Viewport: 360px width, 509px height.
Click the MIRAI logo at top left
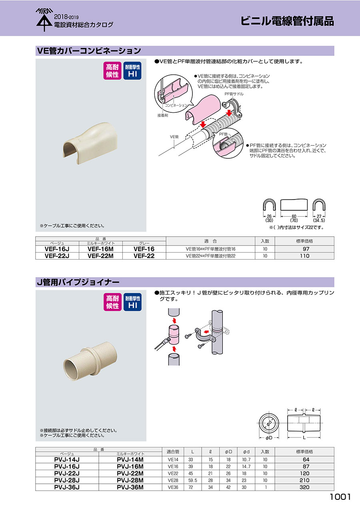coord(44,20)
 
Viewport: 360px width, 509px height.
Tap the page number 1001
coord(340,497)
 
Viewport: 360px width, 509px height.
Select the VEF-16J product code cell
coord(57,249)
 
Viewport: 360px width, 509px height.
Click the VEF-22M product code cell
coord(100,256)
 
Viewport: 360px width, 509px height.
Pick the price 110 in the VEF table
coord(304,256)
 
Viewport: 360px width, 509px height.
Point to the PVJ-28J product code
coord(67,480)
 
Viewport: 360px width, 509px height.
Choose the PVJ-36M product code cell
coord(130,487)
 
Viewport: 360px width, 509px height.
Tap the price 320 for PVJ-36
coord(304,487)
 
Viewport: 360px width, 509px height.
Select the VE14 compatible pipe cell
coord(173,460)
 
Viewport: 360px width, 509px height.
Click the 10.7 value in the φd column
coord(246,460)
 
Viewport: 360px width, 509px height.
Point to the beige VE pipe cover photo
coord(90,144)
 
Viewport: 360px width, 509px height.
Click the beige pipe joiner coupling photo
coord(90,361)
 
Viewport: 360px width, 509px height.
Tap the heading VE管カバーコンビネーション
coord(89,51)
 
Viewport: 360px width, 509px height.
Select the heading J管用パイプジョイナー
coord(78,282)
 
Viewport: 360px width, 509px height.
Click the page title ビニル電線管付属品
coord(287,21)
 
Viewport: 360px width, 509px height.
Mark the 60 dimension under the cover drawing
coord(294,217)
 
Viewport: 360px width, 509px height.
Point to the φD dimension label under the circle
coord(269,438)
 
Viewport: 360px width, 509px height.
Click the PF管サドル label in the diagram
coord(234,94)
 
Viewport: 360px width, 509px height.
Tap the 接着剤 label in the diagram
coord(162,116)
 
